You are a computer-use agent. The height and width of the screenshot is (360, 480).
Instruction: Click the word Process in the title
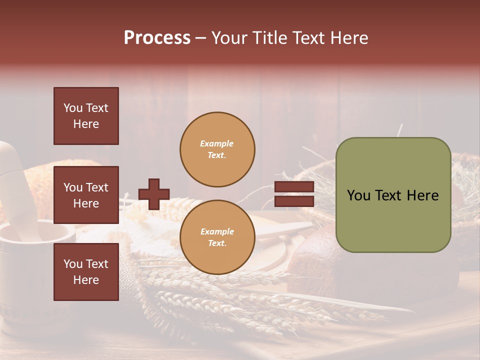point(157,38)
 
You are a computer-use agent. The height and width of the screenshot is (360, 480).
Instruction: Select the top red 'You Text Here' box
point(86,116)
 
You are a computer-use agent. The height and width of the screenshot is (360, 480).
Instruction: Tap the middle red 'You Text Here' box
point(86,195)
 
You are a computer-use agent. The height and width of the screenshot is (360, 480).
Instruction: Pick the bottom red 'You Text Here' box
point(86,271)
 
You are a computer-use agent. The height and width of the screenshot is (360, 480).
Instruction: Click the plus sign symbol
point(154,194)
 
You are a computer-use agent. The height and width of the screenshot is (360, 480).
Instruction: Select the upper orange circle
point(217,149)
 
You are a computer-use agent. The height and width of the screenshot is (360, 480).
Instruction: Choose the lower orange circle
point(217,237)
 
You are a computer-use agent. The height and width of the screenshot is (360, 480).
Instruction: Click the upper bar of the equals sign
point(294,187)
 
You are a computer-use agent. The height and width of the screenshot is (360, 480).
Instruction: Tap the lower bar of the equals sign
point(294,201)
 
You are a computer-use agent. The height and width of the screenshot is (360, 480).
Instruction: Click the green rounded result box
point(393,195)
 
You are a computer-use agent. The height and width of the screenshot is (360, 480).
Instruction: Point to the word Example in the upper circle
point(216,143)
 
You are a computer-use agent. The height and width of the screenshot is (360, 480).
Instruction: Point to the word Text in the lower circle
point(217,243)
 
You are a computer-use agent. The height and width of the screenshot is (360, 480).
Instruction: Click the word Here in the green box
point(422,195)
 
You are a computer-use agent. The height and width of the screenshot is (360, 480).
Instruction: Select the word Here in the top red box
point(86,124)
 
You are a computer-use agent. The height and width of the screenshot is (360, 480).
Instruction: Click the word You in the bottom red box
point(73,264)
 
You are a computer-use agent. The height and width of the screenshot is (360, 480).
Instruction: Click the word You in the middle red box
point(73,187)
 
